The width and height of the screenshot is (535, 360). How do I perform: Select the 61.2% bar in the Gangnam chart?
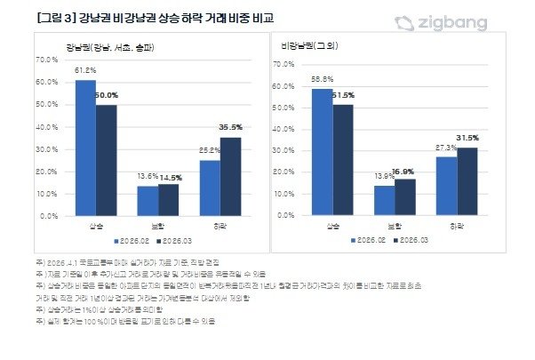click(85, 148)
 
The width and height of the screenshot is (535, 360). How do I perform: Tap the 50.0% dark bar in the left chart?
click(107, 160)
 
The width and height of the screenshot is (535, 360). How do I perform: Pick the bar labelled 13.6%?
click(148, 201)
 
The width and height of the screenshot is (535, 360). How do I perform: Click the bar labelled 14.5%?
click(168, 200)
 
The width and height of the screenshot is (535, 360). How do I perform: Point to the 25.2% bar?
click(210, 188)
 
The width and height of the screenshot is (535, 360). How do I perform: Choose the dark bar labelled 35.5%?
click(230, 176)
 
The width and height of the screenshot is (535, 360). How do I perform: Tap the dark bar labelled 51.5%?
click(342, 160)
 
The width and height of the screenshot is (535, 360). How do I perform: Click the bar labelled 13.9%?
click(383, 201)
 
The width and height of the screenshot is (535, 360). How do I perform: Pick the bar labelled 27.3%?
click(446, 186)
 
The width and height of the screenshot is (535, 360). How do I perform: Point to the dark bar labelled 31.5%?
click(467, 181)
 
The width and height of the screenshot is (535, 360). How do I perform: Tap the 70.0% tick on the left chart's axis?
click(44, 60)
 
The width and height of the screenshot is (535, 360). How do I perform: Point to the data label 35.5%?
click(231, 128)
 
